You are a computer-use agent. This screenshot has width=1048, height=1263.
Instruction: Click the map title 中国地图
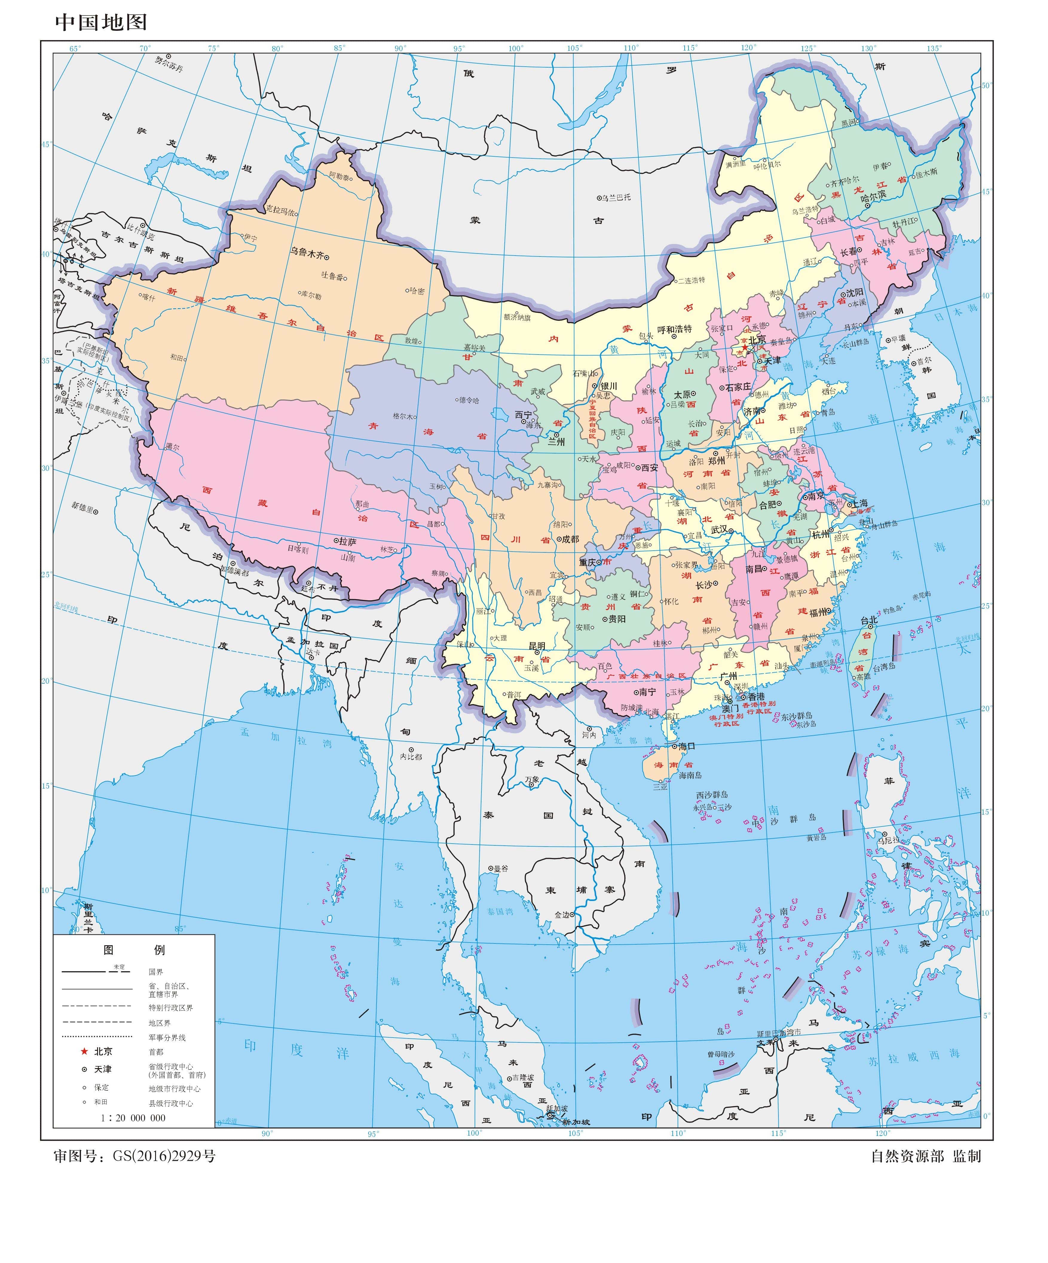click(101, 22)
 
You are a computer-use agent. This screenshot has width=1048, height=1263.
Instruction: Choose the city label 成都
click(570, 539)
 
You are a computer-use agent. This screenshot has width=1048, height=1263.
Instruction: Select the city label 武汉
click(719, 530)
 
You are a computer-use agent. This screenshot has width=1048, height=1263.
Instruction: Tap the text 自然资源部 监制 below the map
click(926, 1156)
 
